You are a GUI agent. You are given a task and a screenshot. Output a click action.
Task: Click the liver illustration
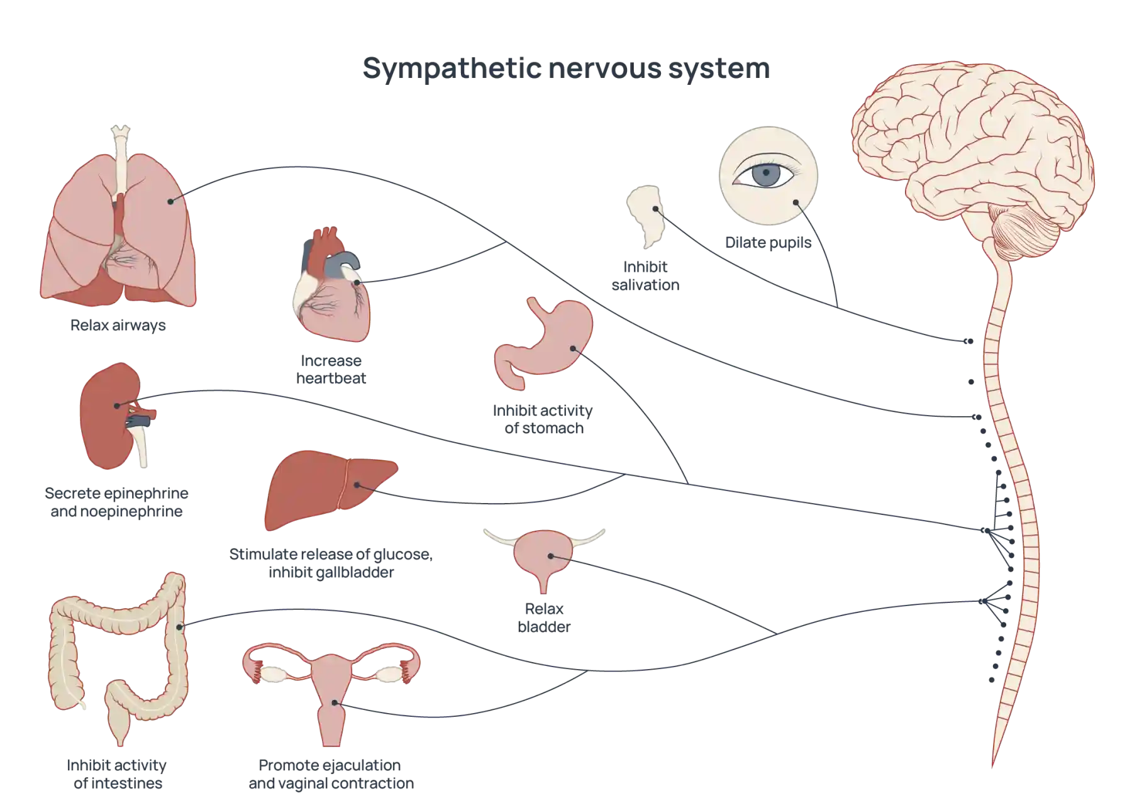(x=327, y=490)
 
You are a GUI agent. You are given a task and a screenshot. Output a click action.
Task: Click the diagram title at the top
(x=565, y=69)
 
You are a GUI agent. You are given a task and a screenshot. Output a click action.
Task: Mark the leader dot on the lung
(x=170, y=201)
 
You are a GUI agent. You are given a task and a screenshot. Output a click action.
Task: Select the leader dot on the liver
(x=357, y=485)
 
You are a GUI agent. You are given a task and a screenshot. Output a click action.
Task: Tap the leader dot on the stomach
(x=573, y=348)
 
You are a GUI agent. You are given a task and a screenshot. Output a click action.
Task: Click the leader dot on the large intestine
(x=181, y=626)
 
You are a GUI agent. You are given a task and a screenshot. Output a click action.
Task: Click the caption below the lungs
(x=118, y=325)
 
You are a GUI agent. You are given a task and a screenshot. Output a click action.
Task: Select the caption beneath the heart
(x=331, y=371)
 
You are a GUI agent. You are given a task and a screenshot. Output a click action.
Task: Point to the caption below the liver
(x=331, y=563)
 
